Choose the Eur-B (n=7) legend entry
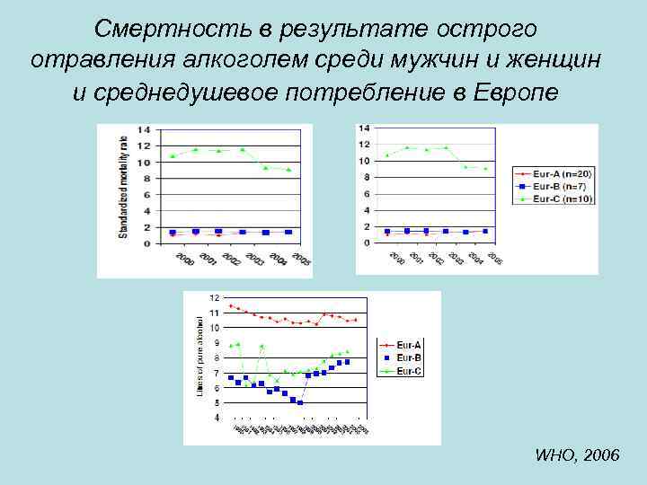560,185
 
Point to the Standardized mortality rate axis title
123,186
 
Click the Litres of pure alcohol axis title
199,355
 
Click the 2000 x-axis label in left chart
184,260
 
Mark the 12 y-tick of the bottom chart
214,297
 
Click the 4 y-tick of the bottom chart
216,418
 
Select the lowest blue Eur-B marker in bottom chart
300,402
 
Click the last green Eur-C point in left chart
288,169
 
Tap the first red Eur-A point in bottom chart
231,305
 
